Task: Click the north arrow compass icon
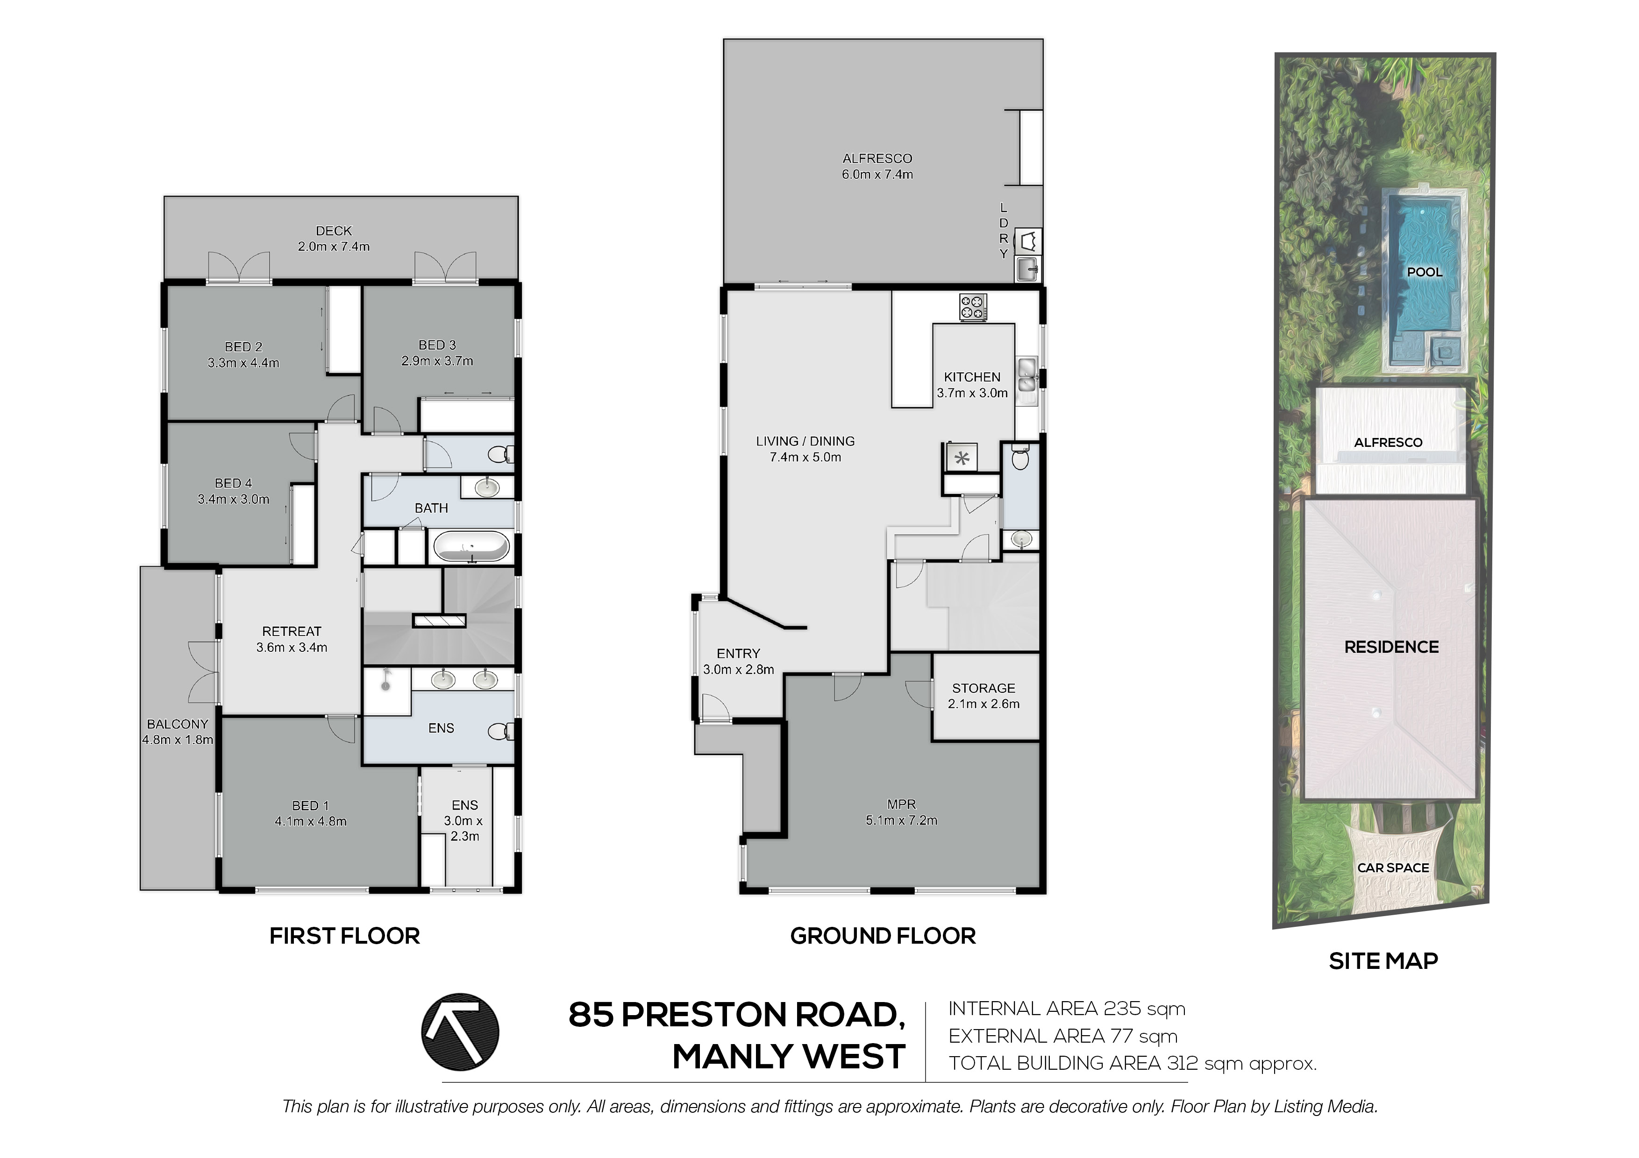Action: coord(460,1032)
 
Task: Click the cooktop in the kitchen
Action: coord(972,308)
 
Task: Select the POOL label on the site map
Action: coord(1424,272)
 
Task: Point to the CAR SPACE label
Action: coord(1393,868)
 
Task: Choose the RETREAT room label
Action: coord(291,631)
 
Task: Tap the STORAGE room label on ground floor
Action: coord(983,688)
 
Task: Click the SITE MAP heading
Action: coord(1382,961)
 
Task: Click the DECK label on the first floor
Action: coord(334,231)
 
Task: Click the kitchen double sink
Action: coord(1026,375)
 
